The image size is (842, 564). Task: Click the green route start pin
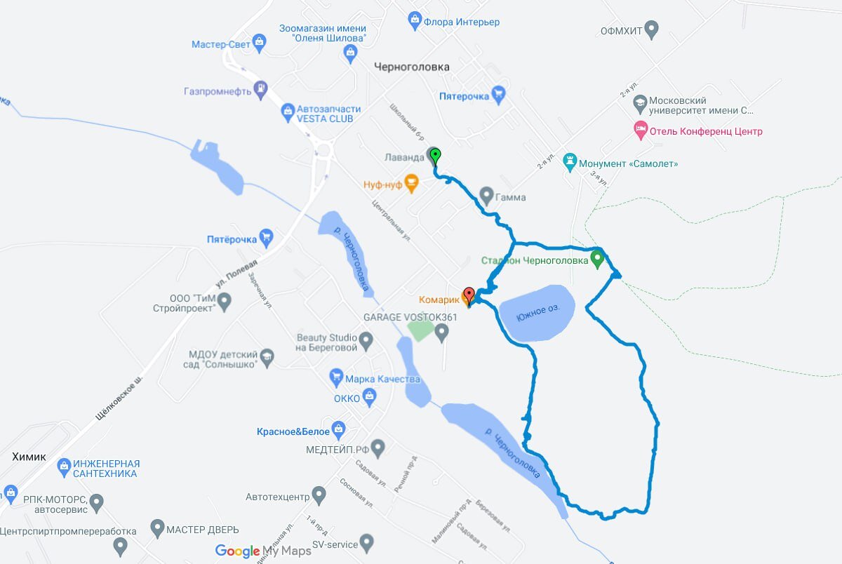[435, 155]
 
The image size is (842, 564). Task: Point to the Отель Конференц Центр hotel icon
[639, 130]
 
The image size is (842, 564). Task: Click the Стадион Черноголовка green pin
[597, 259]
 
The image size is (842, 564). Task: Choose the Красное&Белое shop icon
[339, 428]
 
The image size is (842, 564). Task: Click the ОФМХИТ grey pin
[652, 30]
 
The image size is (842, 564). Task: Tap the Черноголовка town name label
[411, 67]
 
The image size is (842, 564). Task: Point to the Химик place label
[29, 457]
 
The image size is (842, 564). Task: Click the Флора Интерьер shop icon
[414, 21]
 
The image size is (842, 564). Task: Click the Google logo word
[237, 551]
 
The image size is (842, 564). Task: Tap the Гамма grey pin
[486, 196]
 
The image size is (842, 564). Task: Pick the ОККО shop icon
[370, 398]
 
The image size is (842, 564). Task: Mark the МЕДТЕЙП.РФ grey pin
[378, 448]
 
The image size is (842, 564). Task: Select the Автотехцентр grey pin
[319, 496]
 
